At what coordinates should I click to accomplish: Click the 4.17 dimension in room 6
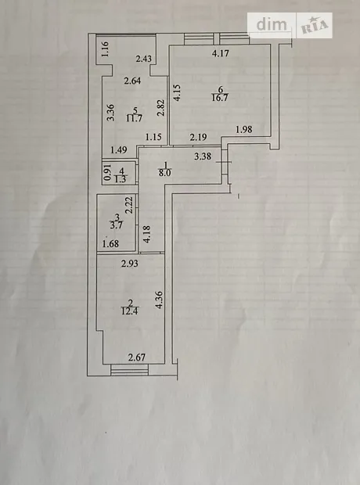coord(221,53)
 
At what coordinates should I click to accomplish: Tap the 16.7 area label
coord(220,98)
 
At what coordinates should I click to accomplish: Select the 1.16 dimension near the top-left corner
coord(105,48)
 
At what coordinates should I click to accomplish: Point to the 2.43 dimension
coord(144,59)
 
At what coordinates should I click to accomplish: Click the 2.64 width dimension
coord(132,81)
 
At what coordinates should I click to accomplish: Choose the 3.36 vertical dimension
coord(111,113)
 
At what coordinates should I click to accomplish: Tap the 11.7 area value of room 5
coord(135,118)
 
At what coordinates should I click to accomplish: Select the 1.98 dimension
coord(244,130)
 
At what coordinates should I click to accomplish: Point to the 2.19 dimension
coord(199,137)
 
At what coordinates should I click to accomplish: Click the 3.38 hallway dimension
coord(203,156)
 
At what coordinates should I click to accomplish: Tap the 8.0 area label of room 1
coord(165,173)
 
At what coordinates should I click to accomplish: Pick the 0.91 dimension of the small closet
coord(107,173)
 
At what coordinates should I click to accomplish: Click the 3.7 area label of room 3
coord(116,225)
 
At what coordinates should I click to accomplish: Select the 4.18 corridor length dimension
coord(146,234)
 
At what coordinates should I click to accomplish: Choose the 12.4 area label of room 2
coord(130,311)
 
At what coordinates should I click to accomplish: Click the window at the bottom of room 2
coord(129,370)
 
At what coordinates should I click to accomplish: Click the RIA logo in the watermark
coord(314,26)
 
